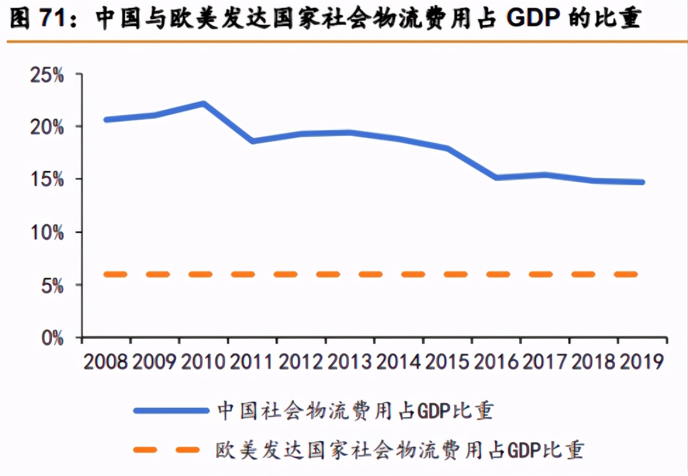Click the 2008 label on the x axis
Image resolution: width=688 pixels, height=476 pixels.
point(106,362)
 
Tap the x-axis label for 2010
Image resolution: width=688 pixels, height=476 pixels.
point(203,362)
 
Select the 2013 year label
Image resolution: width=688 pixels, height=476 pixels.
point(350,362)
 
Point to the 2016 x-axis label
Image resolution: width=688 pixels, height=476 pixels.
point(496,362)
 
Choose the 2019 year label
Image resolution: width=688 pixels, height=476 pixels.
point(642,362)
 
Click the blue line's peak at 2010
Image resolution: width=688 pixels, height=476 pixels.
point(203,104)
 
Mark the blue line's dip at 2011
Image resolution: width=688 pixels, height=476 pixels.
point(252,141)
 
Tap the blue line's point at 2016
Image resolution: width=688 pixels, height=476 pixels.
point(496,177)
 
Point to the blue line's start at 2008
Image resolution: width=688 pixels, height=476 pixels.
point(106,119)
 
